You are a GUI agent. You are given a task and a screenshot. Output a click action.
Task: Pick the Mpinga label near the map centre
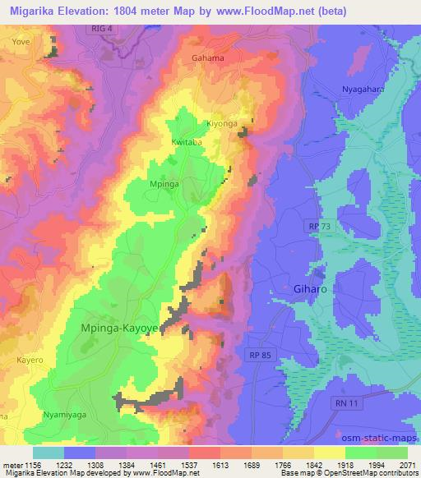[164, 184]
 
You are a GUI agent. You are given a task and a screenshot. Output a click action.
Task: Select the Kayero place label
[29, 360]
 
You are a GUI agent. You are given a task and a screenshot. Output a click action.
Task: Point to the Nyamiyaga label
[64, 416]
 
